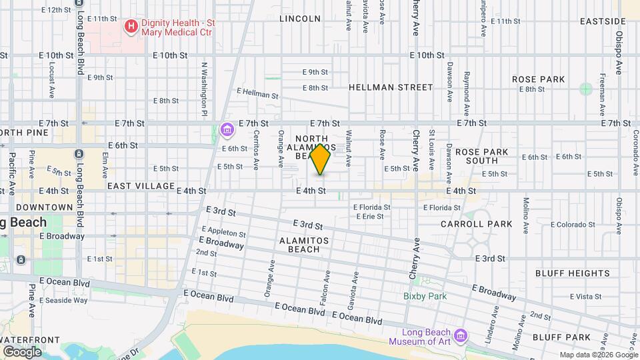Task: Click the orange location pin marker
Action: pyautogui.click(x=321, y=159)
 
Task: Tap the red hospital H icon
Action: pyautogui.click(x=131, y=27)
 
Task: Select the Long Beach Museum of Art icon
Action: pyautogui.click(x=461, y=334)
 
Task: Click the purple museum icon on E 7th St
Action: pyautogui.click(x=227, y=129)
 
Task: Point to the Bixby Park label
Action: pyautogui.click(x=424, y=296)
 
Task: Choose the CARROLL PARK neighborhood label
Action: pyautogui.click(x=476, y=224)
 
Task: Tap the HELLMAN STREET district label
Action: pyautogui.click(x=391, y=87)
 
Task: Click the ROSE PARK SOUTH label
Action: pyautogui.click(x=481, y=156)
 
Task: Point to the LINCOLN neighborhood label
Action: pyautogui.click(x=300, y=19)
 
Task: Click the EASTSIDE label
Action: pyautogui.click(x=603, y=21)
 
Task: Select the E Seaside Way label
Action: pyautogui.click(x=63, y=301)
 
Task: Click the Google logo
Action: pyautogui.click(x=23, y=351)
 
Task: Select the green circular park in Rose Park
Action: pyautogui.click(x=585, y=89)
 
